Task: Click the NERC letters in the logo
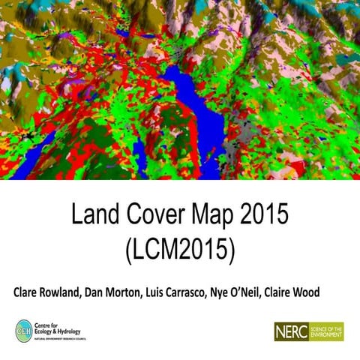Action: coord(292,331)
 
